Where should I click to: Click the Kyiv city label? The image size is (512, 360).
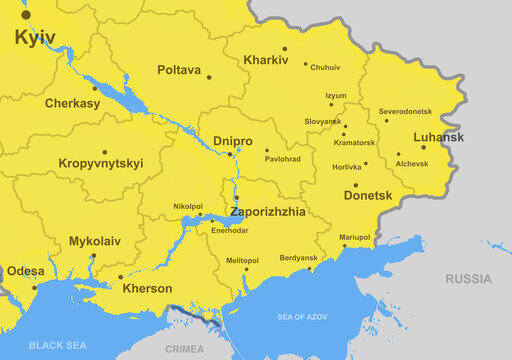(x=35, y=38)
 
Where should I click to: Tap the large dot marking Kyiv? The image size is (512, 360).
(x=26, y=15)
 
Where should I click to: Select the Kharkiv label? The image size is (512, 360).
(x=265, y=61)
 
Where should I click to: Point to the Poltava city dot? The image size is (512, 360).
(x=209, y=77)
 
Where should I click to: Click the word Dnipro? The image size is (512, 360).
(x=233, y=141)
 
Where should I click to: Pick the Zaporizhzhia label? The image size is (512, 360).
(x=269, y=212)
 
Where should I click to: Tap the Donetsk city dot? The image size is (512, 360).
(x=355, y=184)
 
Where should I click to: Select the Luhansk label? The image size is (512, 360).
(x=438, y=137)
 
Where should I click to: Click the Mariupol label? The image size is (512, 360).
(x=354, y=237)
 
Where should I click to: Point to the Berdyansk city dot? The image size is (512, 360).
(x=312, y=268)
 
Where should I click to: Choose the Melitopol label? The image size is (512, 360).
(x=242, y=259)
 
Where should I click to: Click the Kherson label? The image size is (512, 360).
(x=147, y=288)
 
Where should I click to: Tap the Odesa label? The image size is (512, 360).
(x=25, y=271)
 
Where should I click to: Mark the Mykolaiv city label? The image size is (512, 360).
(x=95, y=241)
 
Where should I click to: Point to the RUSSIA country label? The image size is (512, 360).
(x=468, y=278)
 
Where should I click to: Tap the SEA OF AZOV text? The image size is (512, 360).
(x=305, y=317)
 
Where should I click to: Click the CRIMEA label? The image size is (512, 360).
(x=183, y=349)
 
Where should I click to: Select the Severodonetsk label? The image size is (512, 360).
(x=406, y=110)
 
